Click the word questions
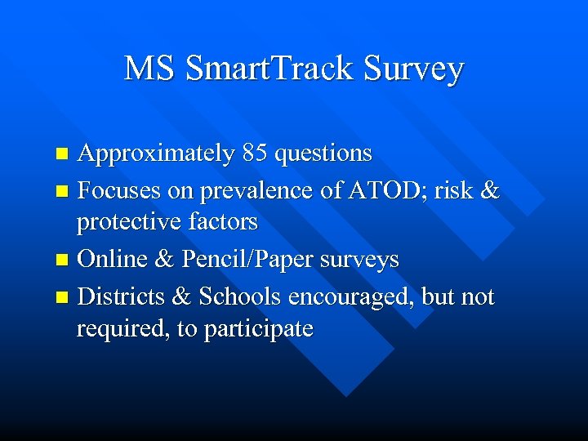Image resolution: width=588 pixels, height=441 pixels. (x=323, y=154)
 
